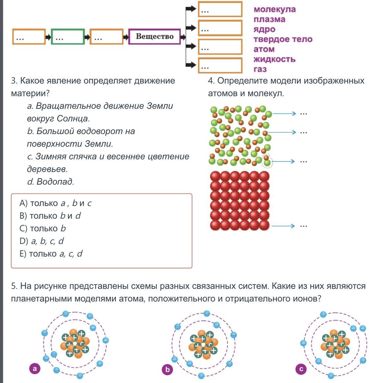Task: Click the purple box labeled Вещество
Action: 154,36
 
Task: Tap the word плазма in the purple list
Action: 269,19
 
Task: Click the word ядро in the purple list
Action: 264,29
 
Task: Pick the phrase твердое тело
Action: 283,39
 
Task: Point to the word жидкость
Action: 274,59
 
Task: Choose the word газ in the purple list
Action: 260,69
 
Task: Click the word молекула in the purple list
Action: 275,9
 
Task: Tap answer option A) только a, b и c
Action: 55,203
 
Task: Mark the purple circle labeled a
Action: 35,368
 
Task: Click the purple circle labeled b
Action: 167,369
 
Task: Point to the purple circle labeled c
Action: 301,369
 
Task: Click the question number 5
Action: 14,286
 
